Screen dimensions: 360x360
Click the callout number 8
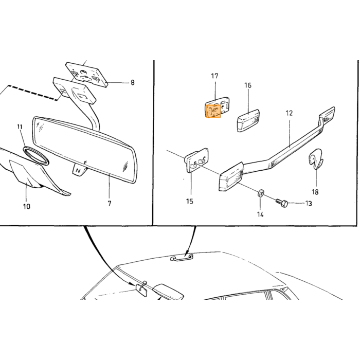tap(133, 82)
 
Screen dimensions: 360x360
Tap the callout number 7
tap(110, 204)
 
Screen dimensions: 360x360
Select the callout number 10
tap(27, 206)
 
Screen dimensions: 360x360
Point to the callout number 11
tap(20, 127)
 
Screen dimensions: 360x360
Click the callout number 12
tap(289, 113)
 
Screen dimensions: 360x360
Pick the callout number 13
tap(309, 204)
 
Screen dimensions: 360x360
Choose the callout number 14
tap(260, 214)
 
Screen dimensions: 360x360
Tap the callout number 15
tap(190, 202)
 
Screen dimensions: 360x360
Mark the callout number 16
tap(248, 85)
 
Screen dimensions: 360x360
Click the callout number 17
tap(214, 76)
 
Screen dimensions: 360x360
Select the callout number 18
tap(315, 192)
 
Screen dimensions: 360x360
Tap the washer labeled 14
tap(260, 193)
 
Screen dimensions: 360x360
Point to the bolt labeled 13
tap(282, 203)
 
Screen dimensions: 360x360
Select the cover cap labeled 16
tap(248, 120)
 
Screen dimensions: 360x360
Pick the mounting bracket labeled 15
tap(196, 160)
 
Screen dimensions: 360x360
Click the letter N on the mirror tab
tap(78, 171)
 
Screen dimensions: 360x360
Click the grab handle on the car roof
tap(182, 257)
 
